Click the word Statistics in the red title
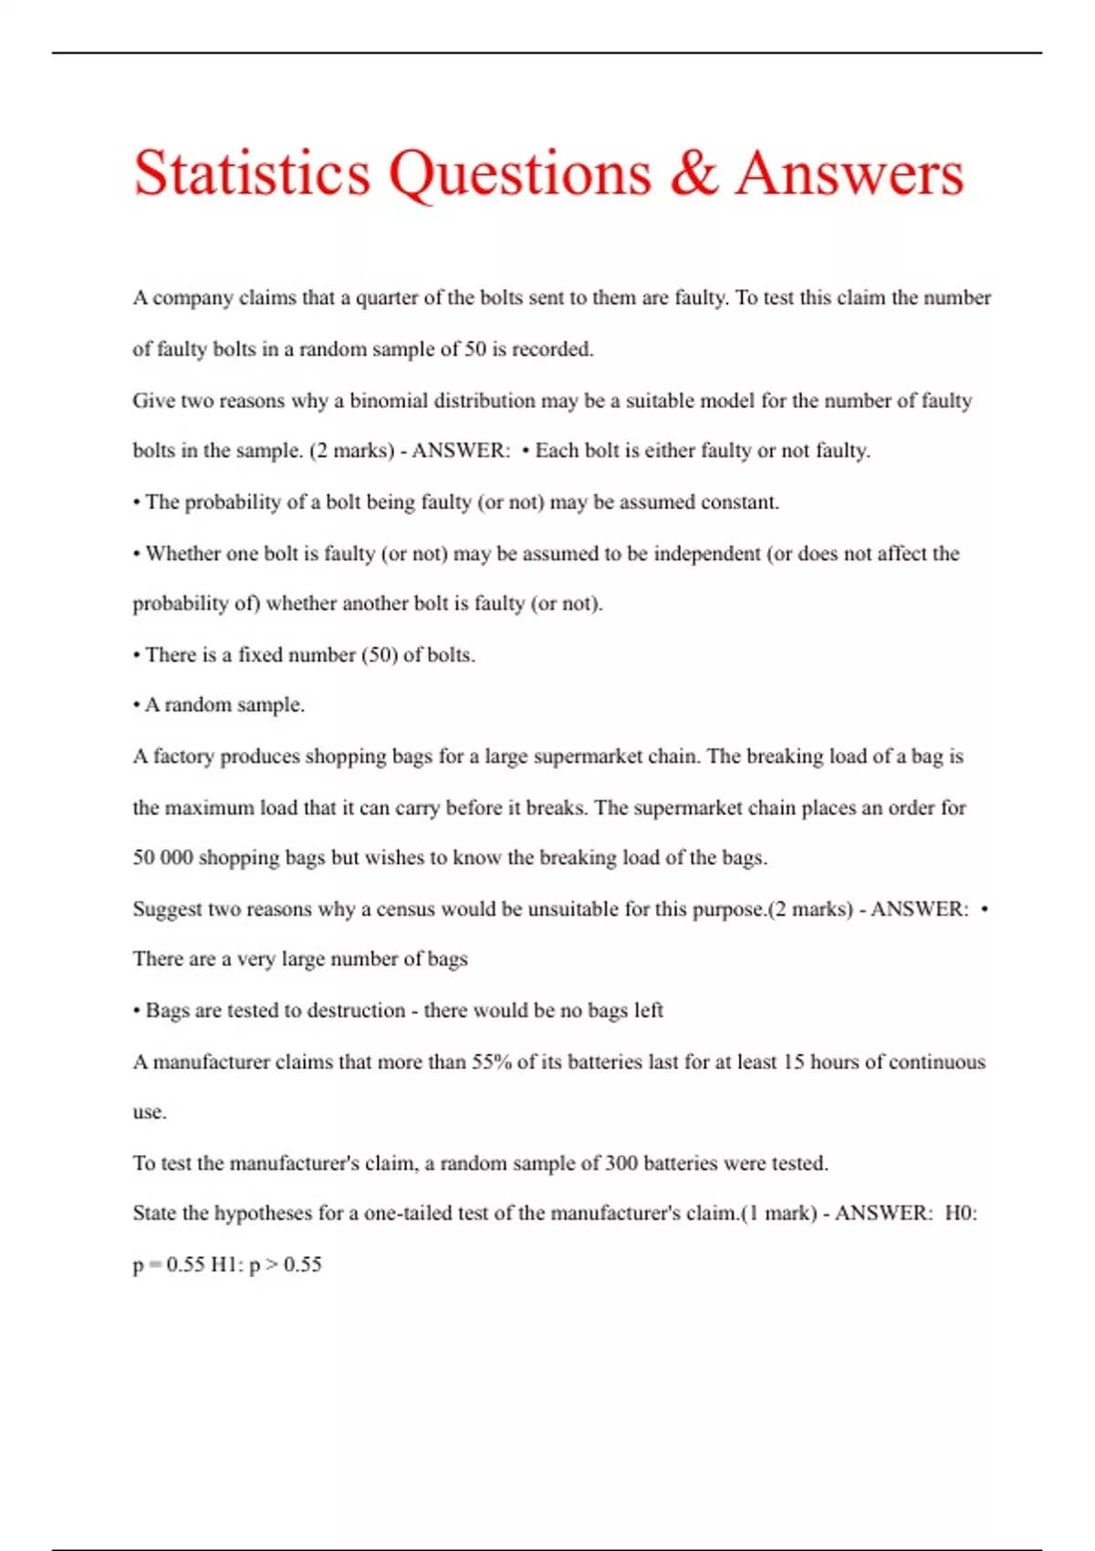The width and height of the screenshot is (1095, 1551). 252,172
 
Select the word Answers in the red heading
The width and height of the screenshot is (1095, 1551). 850,172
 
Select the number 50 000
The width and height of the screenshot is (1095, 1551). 162,858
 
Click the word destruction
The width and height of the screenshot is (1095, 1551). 347,1010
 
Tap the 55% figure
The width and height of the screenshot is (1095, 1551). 491,1062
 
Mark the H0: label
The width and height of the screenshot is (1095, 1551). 960,1213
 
